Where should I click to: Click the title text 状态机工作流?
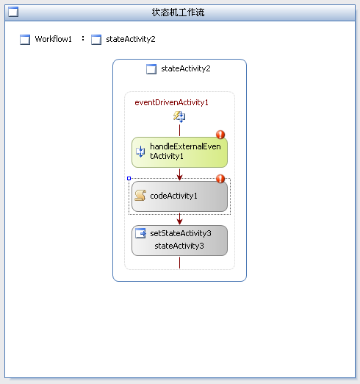178,13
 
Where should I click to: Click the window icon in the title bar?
13,12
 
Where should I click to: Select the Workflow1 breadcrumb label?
53,39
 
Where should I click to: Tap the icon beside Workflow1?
25,40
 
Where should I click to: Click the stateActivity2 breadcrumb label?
131,39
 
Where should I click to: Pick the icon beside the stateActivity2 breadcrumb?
96,40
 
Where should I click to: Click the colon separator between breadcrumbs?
83,38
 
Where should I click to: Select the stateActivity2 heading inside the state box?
186,68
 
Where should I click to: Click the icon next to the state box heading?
151,69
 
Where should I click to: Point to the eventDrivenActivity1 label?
171,102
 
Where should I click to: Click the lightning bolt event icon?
179,116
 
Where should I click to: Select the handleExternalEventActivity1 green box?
179,152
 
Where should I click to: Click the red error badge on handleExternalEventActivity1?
220,135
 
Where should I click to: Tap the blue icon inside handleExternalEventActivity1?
140,152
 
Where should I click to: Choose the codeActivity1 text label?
173,196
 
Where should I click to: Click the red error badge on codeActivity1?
220,179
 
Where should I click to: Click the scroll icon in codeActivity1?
140,196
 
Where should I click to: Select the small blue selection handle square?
129,179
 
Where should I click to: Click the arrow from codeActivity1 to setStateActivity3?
179,218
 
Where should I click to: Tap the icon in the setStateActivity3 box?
141,233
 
